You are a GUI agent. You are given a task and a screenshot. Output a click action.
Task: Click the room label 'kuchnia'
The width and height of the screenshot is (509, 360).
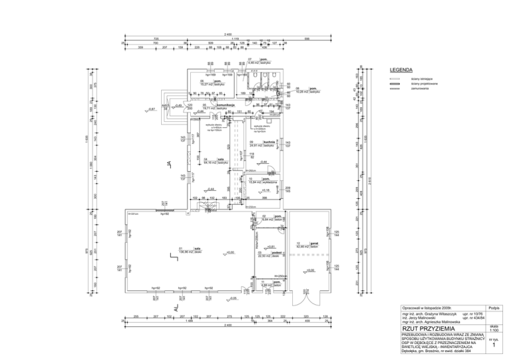(x=268, y=142)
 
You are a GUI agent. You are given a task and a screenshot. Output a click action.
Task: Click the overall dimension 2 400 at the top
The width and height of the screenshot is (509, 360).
(x=227, y=34)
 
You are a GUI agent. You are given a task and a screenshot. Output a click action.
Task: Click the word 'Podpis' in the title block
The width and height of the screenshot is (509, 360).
(x=494, y=308)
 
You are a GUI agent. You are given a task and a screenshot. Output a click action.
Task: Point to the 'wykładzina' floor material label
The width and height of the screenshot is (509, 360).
(x=271, y=180)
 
